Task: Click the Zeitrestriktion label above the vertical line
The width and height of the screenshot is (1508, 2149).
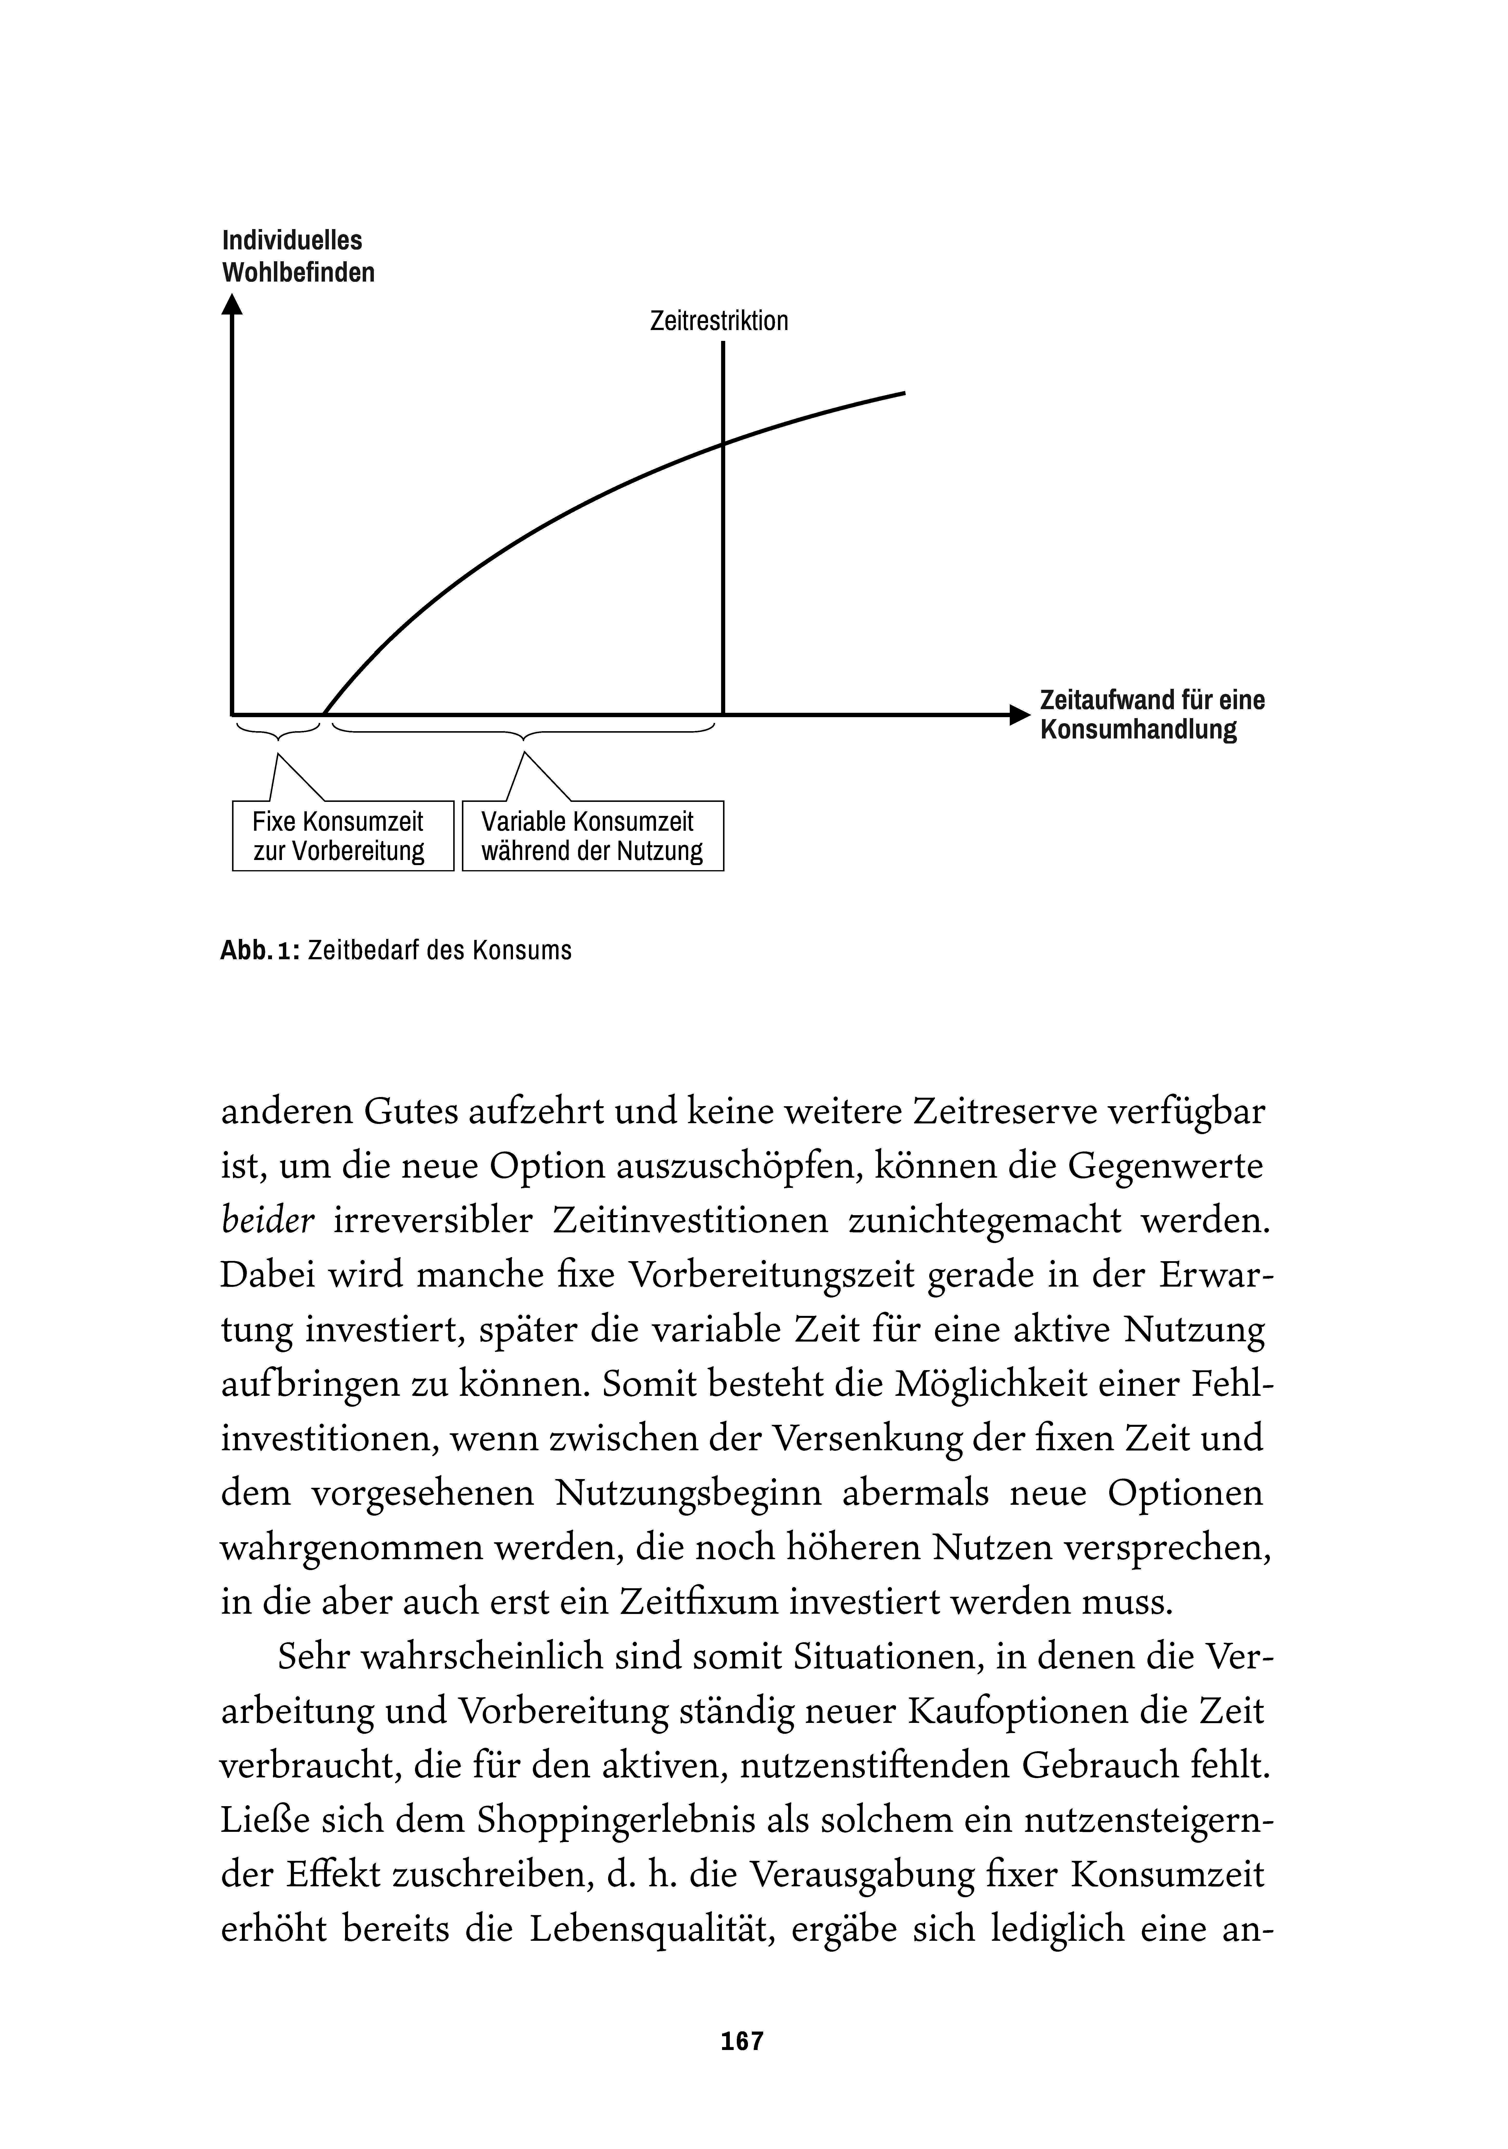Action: [x=718, y=321]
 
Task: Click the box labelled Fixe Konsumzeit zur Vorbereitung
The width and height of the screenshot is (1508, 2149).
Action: [x=342, y=836]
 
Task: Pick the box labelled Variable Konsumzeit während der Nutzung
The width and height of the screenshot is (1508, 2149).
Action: [x=592, y=836]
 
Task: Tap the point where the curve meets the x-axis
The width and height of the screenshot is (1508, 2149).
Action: [x=324, y=715]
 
